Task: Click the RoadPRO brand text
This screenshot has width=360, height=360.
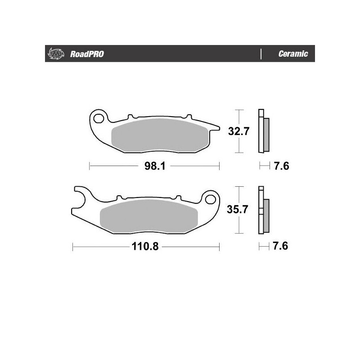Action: [x=87, y=54]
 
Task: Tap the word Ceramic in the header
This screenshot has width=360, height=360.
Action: [x=293, y=54]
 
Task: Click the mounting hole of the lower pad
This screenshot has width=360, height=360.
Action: [x=209, y=198]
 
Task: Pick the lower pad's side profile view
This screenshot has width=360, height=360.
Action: [x=263, y=210]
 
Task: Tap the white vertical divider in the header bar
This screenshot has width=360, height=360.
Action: [x=261, y=54]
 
